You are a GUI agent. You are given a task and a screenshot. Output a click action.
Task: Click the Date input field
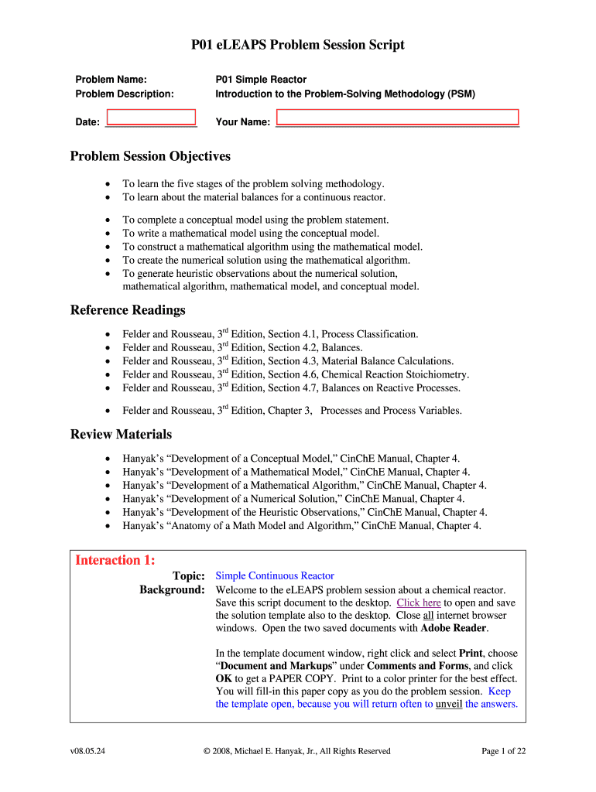[x=151, y=117]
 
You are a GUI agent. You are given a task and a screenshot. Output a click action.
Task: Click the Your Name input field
[x=397, y=117]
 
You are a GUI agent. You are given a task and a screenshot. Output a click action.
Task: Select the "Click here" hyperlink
[x=419, y=603]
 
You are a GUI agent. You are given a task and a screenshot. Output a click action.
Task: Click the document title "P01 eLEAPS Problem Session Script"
[x=298, y=46]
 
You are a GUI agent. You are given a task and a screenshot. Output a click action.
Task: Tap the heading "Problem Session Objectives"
[x=150, y=156]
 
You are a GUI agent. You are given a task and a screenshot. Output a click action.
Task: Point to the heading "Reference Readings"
[x=128, y=310]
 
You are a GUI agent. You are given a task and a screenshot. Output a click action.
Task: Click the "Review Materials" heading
[x=121, y=435]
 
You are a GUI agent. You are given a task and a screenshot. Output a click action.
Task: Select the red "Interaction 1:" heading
[x=115, y=560]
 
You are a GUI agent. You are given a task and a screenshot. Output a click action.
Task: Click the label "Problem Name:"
[x=111, y=80]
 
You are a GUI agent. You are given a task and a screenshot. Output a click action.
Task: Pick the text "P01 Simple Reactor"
[x=261, y=80]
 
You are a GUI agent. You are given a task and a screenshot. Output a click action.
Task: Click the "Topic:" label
[x=188, y=575]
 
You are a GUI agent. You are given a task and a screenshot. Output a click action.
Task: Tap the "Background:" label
[x=172, y=589]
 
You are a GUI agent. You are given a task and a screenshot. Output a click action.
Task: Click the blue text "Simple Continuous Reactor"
[x=275, y=575]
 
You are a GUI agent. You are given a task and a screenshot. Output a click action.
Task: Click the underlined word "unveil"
[x=448, y=704]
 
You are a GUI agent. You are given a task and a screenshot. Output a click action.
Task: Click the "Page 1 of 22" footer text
[x=503, y=751]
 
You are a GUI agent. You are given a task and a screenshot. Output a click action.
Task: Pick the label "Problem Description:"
[x=124, y=94]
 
